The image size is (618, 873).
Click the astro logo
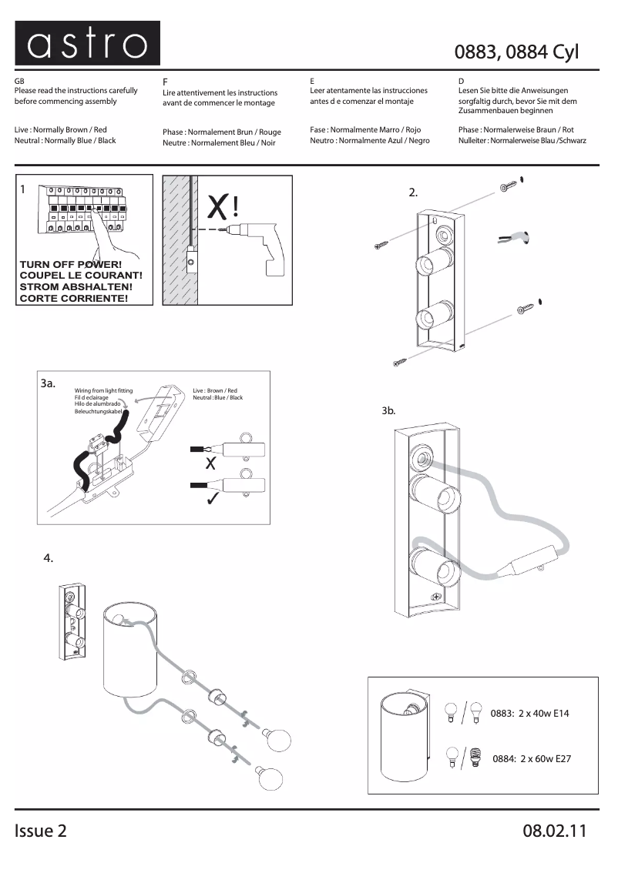tap(87, 44)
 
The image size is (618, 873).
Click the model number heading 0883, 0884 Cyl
tap(516, 52)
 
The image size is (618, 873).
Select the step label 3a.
tap(48, 383)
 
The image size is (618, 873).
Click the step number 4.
tap(49, 559)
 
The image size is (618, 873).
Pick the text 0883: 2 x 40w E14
tap(530, 714)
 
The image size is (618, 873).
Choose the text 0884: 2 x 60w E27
tap(532, 759)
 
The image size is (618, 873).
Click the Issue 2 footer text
tap(40, 831)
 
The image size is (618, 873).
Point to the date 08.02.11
tap(555, 831)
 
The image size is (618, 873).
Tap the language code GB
tap(19, 81)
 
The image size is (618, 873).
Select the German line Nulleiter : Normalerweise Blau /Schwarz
tap(522, 141)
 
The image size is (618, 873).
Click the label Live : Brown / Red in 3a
tap(215, 391)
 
